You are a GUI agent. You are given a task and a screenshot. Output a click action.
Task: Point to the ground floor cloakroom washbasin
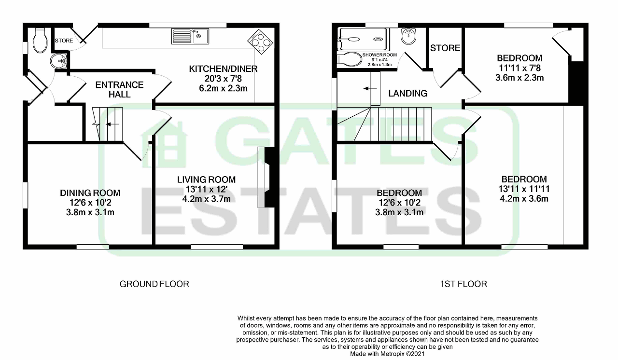pos(57,61)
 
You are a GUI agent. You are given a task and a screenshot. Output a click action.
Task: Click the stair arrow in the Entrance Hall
pos(112,124)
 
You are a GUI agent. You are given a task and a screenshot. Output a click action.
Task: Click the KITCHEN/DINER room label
pos(223,69)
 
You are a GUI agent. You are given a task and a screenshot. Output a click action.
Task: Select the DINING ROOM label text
pos(90,193)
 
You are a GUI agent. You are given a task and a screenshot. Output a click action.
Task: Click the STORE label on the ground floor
pos(64,41)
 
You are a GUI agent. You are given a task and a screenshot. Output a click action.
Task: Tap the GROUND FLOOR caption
pos(154,284)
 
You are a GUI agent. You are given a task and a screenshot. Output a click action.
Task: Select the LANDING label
pos(408,93)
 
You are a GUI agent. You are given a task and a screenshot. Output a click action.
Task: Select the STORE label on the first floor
pos(445,48)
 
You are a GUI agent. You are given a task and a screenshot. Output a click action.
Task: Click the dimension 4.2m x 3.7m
pos(206,199)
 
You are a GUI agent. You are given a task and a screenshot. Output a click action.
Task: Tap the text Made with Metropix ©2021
pos(387,354)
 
